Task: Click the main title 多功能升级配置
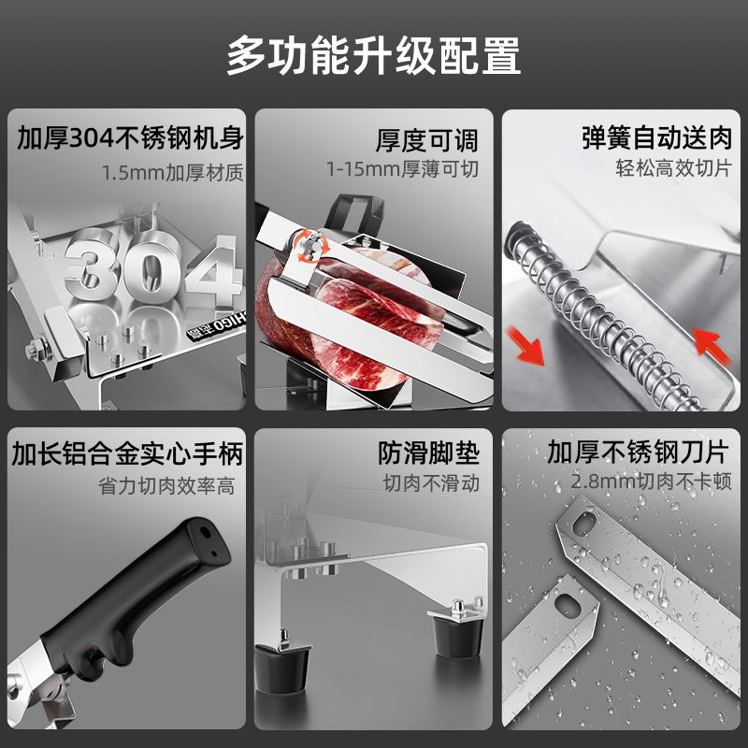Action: pyautogui.click(x=373, y=56)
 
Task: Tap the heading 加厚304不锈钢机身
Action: pyautogui.click(x=130, y=138)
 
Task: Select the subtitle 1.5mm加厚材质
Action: pyautogui.click(x=173, y=173)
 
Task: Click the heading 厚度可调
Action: pyautogui.click(x=426, y=140)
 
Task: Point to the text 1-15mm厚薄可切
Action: pyautogui.click(x=402, y=169)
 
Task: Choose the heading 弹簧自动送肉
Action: pyautogui.click(x=657, y=137)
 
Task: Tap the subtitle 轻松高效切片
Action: pyautogui.click(x=673, y=168)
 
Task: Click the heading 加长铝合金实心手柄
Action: pyautogui.click(x=127, y=453)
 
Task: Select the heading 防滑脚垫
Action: pyautogui.click(x=428, y=453)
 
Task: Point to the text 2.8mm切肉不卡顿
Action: pyautogui.click(x=651, y=482)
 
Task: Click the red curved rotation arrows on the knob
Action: pyautogui.click(x=310, y=246)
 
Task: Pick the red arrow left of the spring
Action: pyautogui.click(x=525, y=344)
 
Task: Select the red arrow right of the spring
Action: pyautogui.click(x=711, y=344)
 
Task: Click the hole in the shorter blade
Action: pyautogui.click(x=568, y=606)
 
